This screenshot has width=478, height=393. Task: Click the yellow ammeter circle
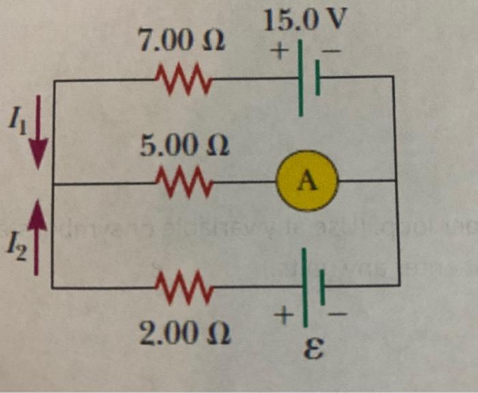(307, 180)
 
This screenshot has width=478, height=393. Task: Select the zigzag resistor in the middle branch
(184, 181)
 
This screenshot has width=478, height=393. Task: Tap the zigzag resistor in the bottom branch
(184, 285)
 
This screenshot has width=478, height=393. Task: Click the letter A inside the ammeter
(307, 181)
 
